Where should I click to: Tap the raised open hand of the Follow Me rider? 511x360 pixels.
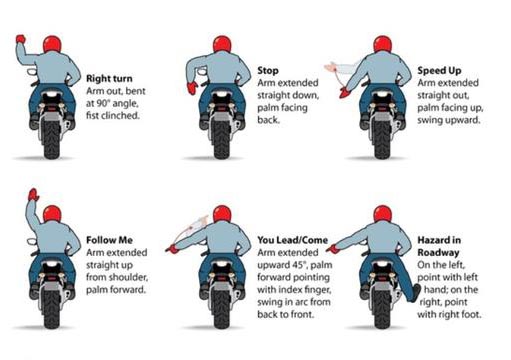click(34, 193)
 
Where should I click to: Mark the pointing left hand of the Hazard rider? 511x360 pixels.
click(335, 251)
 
